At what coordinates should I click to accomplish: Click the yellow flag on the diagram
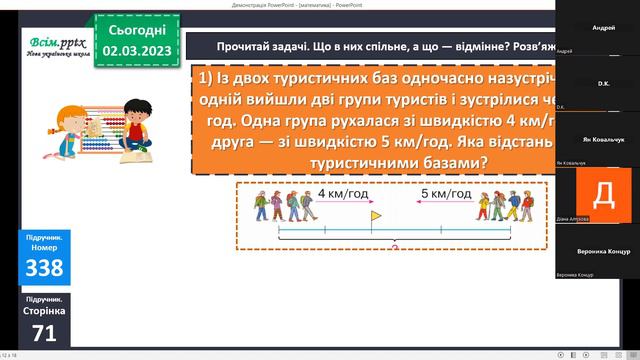click(375, 215)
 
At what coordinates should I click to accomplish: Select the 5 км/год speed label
click(446, 193)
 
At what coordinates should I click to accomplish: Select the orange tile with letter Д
click(605, 193)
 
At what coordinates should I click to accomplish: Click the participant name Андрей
click(604, 30)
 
